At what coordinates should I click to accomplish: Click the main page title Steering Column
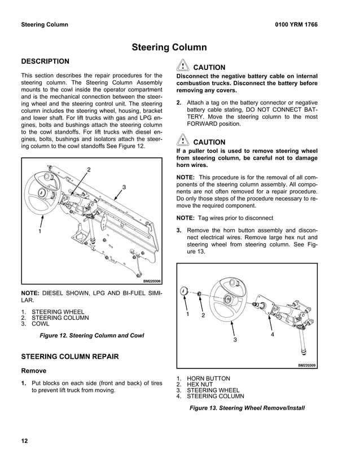coord(169,47)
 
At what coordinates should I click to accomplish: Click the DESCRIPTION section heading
coord(45,61)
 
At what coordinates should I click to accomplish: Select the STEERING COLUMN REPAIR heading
coord(69,357)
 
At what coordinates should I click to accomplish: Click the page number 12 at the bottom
coord(25,441)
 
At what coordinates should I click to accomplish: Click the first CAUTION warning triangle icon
coord(183,66)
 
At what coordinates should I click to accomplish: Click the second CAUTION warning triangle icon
coord(183,141)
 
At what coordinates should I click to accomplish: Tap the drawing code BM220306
coord(152,280)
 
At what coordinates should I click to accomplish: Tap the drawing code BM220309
coord(307,365)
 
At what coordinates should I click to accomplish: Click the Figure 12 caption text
coord(91,336)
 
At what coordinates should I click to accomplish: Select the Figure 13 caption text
coord(247,407)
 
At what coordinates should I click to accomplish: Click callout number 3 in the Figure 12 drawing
coord(124,187)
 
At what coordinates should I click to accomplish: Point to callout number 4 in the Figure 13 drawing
coord(272,334)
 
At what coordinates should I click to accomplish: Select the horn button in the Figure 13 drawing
coord(184,291)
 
